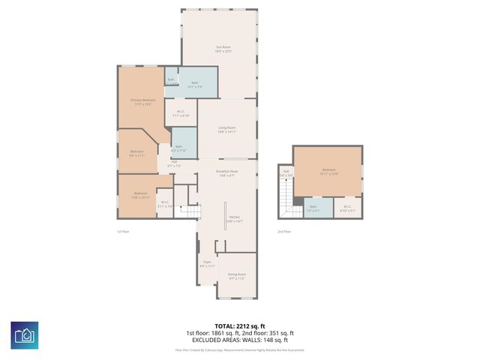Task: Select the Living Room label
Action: [227, 129]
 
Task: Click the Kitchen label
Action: [235, 218]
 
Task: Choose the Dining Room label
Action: [237, 275]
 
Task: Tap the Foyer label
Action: [207, 263]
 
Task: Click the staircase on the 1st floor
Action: [190, 213]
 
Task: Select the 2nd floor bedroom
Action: [328, 172]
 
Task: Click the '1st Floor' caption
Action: [123, 231]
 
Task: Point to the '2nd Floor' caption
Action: [284, 231]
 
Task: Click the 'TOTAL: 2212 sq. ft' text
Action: [239, 326]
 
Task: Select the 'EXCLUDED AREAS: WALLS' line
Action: [239, 338]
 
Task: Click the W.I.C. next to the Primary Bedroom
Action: [181, 115]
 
